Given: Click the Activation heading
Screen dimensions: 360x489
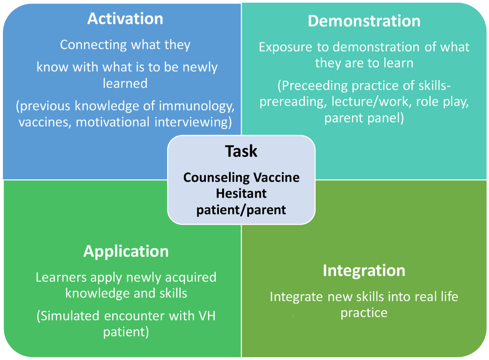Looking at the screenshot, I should click(x=125, y=19).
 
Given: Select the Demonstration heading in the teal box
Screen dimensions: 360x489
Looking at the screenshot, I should click(x=364, y=21).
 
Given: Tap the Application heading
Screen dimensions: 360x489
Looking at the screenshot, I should click(x=126, y=252).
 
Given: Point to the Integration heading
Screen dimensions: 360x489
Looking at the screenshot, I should click(x=364, y=270).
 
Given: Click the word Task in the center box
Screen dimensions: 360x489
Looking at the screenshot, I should click(x=241, y=151).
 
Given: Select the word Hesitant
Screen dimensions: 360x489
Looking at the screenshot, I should click(x=241, y=194).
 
